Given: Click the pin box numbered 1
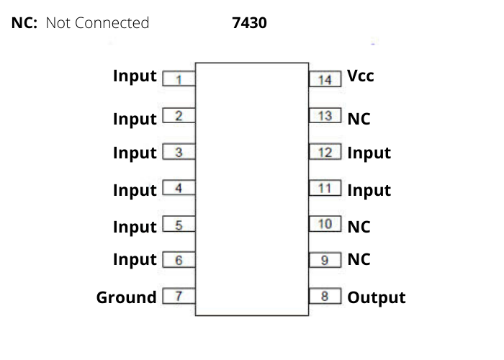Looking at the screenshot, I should (179, 78).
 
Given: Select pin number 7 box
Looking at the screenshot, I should (179, 296).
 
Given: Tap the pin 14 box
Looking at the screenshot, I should (325, 78).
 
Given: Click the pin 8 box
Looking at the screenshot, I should (325, 296).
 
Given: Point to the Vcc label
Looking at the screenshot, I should (361, 75).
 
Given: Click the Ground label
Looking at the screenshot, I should (126, 297).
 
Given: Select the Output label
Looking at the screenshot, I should (377, 297).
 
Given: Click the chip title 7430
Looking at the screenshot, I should (249, 23).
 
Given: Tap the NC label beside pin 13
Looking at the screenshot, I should (359, 119).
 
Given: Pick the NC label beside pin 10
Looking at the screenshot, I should (359, 226).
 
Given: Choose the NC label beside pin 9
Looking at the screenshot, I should (359, 259).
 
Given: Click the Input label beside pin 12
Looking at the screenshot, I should (369, 153).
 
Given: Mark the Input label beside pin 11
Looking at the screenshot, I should (369, 190).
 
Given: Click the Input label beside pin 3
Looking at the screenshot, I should (135, 153).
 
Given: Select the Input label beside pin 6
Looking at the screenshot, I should (135, 259).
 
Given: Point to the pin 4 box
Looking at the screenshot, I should (179, 189).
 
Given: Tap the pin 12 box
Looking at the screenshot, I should (325, 152).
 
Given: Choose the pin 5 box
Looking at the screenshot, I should (179, 225).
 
